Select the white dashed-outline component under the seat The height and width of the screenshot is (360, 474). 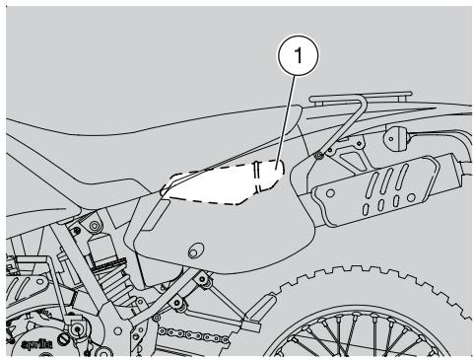coord(222,183)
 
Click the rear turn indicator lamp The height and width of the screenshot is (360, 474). coord(402,134)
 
